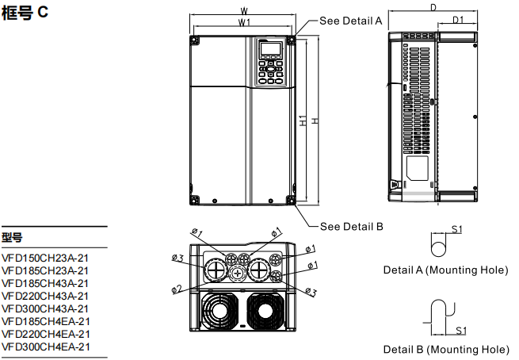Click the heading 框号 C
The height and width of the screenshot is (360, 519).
click(27, 13)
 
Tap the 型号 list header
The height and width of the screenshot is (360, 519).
click(13, 237)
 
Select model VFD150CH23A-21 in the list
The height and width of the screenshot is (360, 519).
click(45, 259)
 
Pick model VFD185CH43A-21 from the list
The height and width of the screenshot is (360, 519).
click(45, 283)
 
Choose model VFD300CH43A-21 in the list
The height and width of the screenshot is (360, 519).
click(45, 308)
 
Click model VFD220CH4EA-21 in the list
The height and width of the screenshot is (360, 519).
click(45, 334)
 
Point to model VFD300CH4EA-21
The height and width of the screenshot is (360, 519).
click(45, 347)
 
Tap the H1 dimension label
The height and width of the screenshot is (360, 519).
click(303, 121)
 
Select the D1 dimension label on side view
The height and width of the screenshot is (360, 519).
click(458, 19)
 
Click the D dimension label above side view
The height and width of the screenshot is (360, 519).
click(433, 7)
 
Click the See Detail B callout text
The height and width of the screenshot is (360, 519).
click(352, 227)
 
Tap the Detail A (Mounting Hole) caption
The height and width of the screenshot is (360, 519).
click(445, 270)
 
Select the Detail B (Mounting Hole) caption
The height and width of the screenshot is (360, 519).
click(445, 349)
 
